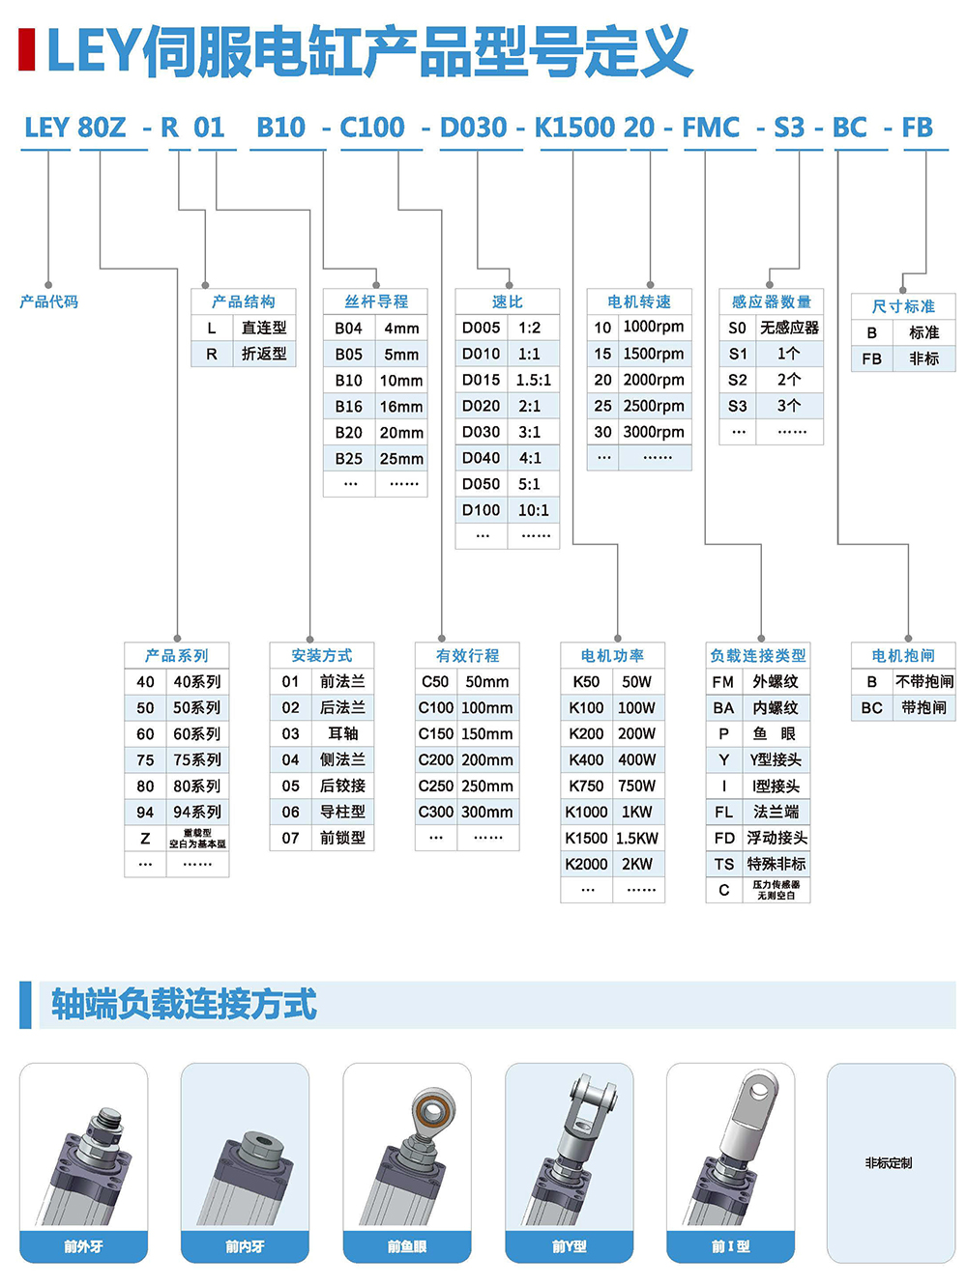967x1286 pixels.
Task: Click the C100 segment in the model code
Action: pyautogui.click(x=372, y=128)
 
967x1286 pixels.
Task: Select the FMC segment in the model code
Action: pyautogui.click(x=711, y=128)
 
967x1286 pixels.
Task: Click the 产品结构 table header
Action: pyautogui.click(x=244, y=301)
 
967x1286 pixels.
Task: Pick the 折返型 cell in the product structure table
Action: pyautogui.click(x=264, y=354)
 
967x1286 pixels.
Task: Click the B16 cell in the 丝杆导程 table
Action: pyautogui.click(x=348, y=407)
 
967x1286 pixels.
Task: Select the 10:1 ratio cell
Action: pyautogui.click(x=534, y=510)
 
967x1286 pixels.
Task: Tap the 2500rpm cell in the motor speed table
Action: pyautogui.click(x=654, y=406)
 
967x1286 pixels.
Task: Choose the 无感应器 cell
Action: pyautogui.click(x=789, y=328)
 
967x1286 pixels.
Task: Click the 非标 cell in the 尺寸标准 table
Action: pyautogui.click(x=923, y=358)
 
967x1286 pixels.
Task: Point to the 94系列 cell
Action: pyautogui.click(x=197, y=812)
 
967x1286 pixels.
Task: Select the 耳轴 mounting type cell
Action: pyautogui.click(x=342, y=733)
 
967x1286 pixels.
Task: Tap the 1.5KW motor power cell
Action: pyautogui.click(x=637, y=838)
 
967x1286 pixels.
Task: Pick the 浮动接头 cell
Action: pyautogui.click(x=777, y=838)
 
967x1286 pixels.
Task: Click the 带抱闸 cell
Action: pyautogui.click(x=923, y=707)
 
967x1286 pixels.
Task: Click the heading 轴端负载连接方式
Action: pyautogui.click(x=184, y=1005)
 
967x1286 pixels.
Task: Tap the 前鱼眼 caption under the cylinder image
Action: pyautogui.click(x=407, y=1246)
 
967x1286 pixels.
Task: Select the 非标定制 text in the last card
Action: pyautogui.click(x=889, y=1163)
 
